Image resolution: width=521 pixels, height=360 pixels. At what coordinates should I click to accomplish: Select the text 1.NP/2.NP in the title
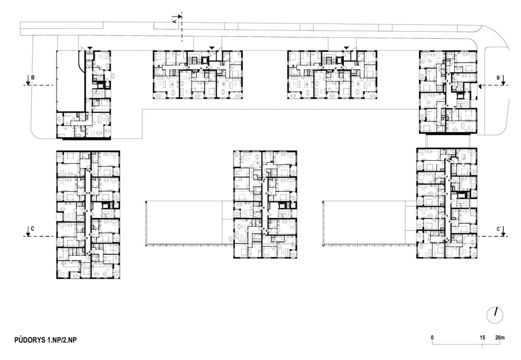(x=62, y=340)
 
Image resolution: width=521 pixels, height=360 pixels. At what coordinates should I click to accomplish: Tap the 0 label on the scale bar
(x=432, y=337)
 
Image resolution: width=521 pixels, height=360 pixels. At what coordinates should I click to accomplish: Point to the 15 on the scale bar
(x=482, y=337)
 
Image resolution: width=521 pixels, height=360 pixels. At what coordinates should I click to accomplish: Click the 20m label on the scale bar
(x=500, y=337)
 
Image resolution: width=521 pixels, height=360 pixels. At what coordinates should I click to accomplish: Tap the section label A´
(x=174, y=20)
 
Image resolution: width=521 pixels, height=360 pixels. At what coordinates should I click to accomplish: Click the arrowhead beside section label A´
(x=180, y=17)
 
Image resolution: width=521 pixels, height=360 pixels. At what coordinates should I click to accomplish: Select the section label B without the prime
(x=33, y=77)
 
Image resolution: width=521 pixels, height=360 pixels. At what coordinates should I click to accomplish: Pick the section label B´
(x=498, y=78)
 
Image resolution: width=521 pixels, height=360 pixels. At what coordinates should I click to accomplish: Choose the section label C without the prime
(x=32, y=228)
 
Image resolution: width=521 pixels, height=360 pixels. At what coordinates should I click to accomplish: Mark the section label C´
(x=498, y=229)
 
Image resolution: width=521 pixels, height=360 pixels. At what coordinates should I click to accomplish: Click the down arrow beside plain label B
(x=28, y=80)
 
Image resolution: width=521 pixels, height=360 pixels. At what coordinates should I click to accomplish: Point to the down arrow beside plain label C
(x=28, y=231)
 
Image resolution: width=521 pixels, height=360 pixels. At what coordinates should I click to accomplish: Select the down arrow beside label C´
(x=503, y=231)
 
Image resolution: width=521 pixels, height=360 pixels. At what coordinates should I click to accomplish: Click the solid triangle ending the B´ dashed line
(x=480, y=86)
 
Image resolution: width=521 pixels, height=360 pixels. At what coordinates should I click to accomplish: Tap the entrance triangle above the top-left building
(x=90, y=48)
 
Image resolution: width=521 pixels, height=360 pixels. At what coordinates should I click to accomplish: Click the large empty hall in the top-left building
(x=70, y=81)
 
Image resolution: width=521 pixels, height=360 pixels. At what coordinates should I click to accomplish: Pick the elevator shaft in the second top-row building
(x=205, y=60)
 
